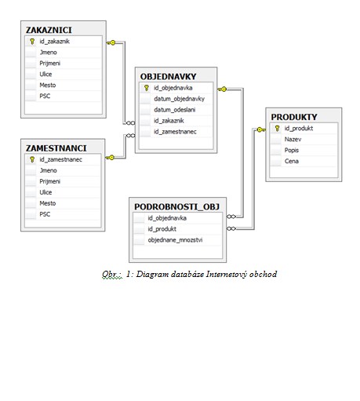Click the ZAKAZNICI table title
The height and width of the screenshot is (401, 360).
(49, 30)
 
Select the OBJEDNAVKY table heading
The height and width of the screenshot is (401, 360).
(168, 77)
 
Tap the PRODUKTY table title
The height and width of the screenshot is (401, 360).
(294, 117)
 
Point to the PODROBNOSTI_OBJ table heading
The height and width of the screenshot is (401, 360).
(176, 206)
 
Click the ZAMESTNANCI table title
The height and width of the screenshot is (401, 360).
(56, 148)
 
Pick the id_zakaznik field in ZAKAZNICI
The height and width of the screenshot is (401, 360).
(55, 42)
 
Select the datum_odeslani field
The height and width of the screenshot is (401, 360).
(174, 110)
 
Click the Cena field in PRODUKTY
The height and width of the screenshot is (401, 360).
(292, 161)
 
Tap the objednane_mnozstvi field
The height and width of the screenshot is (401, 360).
(175, 240)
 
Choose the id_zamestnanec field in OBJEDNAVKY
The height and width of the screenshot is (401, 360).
(175, 132)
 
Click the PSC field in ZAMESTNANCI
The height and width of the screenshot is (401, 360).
(45, 214)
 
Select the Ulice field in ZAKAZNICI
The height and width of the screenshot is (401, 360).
(45, 74)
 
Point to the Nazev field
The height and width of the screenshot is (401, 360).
(293, 139)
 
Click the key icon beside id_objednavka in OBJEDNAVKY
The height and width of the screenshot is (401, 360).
(147, 88)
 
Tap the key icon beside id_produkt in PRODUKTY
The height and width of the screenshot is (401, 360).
(277, 128)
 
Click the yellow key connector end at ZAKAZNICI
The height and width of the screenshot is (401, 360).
(111, 42)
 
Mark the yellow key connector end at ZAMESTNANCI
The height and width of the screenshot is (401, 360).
(110, 158)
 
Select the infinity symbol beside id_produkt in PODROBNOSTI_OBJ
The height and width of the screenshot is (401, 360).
(231, 228)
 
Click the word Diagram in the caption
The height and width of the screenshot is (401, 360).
(152, 274)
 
